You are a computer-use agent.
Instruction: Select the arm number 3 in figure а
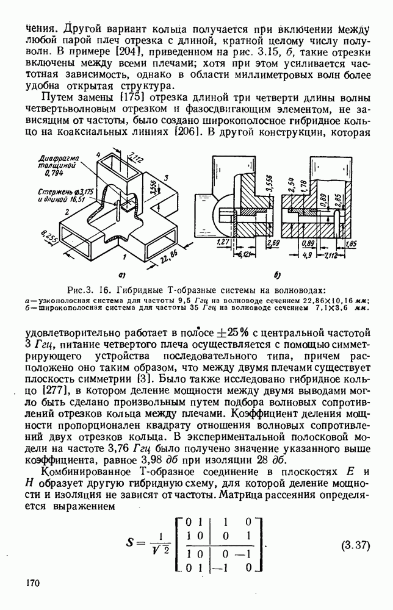click(x=165, y=179)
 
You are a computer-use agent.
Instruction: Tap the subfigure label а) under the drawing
click(x=123, y=274)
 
